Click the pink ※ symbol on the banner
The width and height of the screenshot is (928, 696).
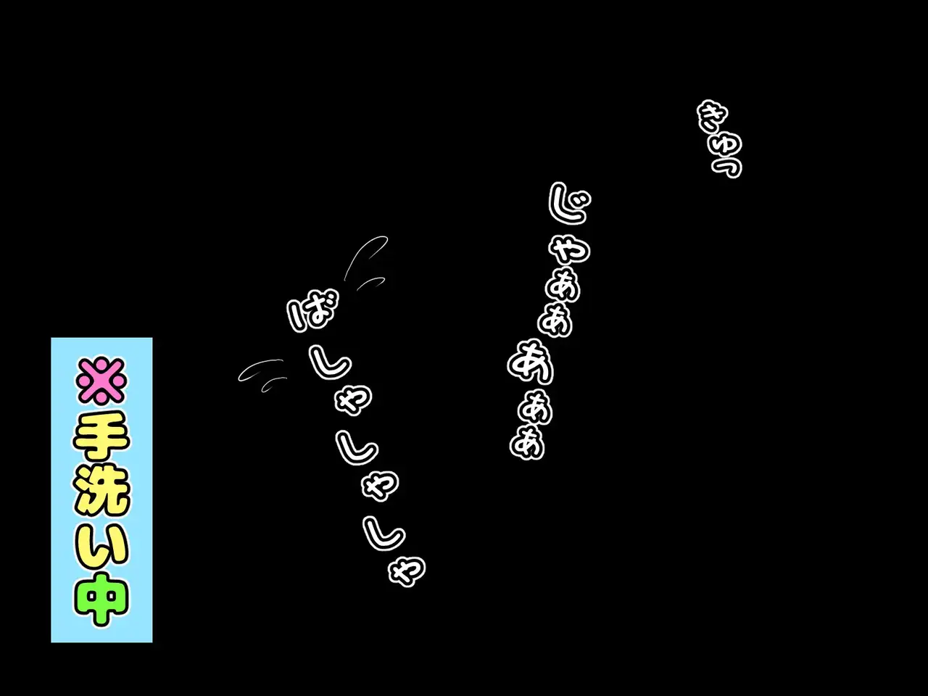(101, 379)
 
